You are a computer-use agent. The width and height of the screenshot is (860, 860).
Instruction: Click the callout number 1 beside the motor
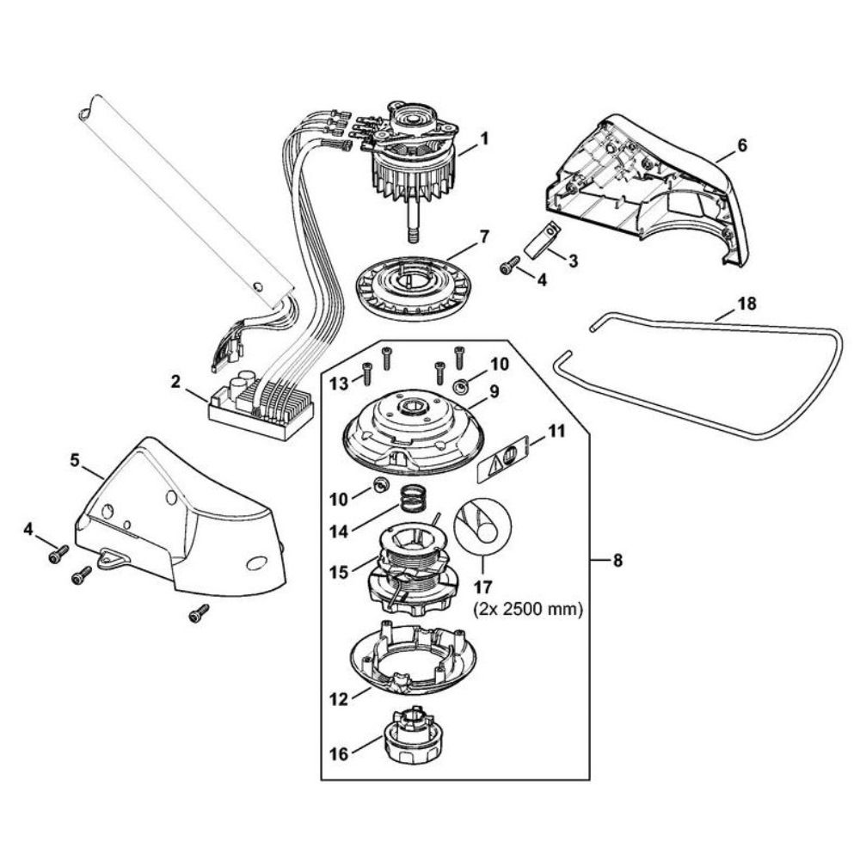(483, 138)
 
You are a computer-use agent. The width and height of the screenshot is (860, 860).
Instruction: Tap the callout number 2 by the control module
(175, 381)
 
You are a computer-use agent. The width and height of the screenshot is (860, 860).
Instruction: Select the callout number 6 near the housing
(743, 146)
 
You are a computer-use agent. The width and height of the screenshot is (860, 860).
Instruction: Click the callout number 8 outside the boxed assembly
(617, 561)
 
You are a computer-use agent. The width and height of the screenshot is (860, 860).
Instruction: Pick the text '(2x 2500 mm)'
(528, 609)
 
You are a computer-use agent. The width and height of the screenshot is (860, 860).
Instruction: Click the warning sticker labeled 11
(503, 459)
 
